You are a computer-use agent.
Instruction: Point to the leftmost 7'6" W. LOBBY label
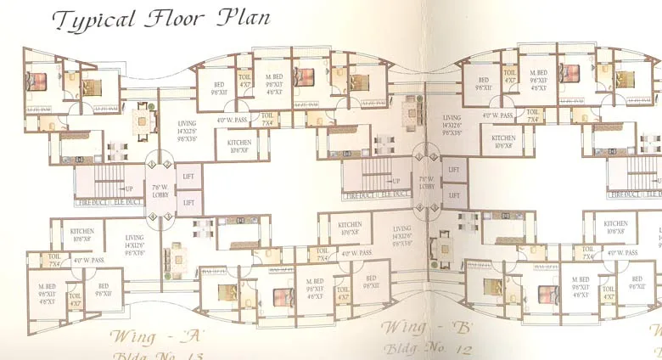(160, 189)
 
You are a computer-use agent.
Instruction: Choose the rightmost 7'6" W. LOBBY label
(426, 182)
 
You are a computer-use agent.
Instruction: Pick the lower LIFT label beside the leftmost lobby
(188, 203)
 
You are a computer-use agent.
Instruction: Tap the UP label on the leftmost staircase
(129, 188)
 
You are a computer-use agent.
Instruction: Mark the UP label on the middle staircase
(396, 181)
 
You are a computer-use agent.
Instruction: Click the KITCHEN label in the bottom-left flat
(81, 231)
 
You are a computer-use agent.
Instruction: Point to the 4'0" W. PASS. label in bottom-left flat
(88, 260)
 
